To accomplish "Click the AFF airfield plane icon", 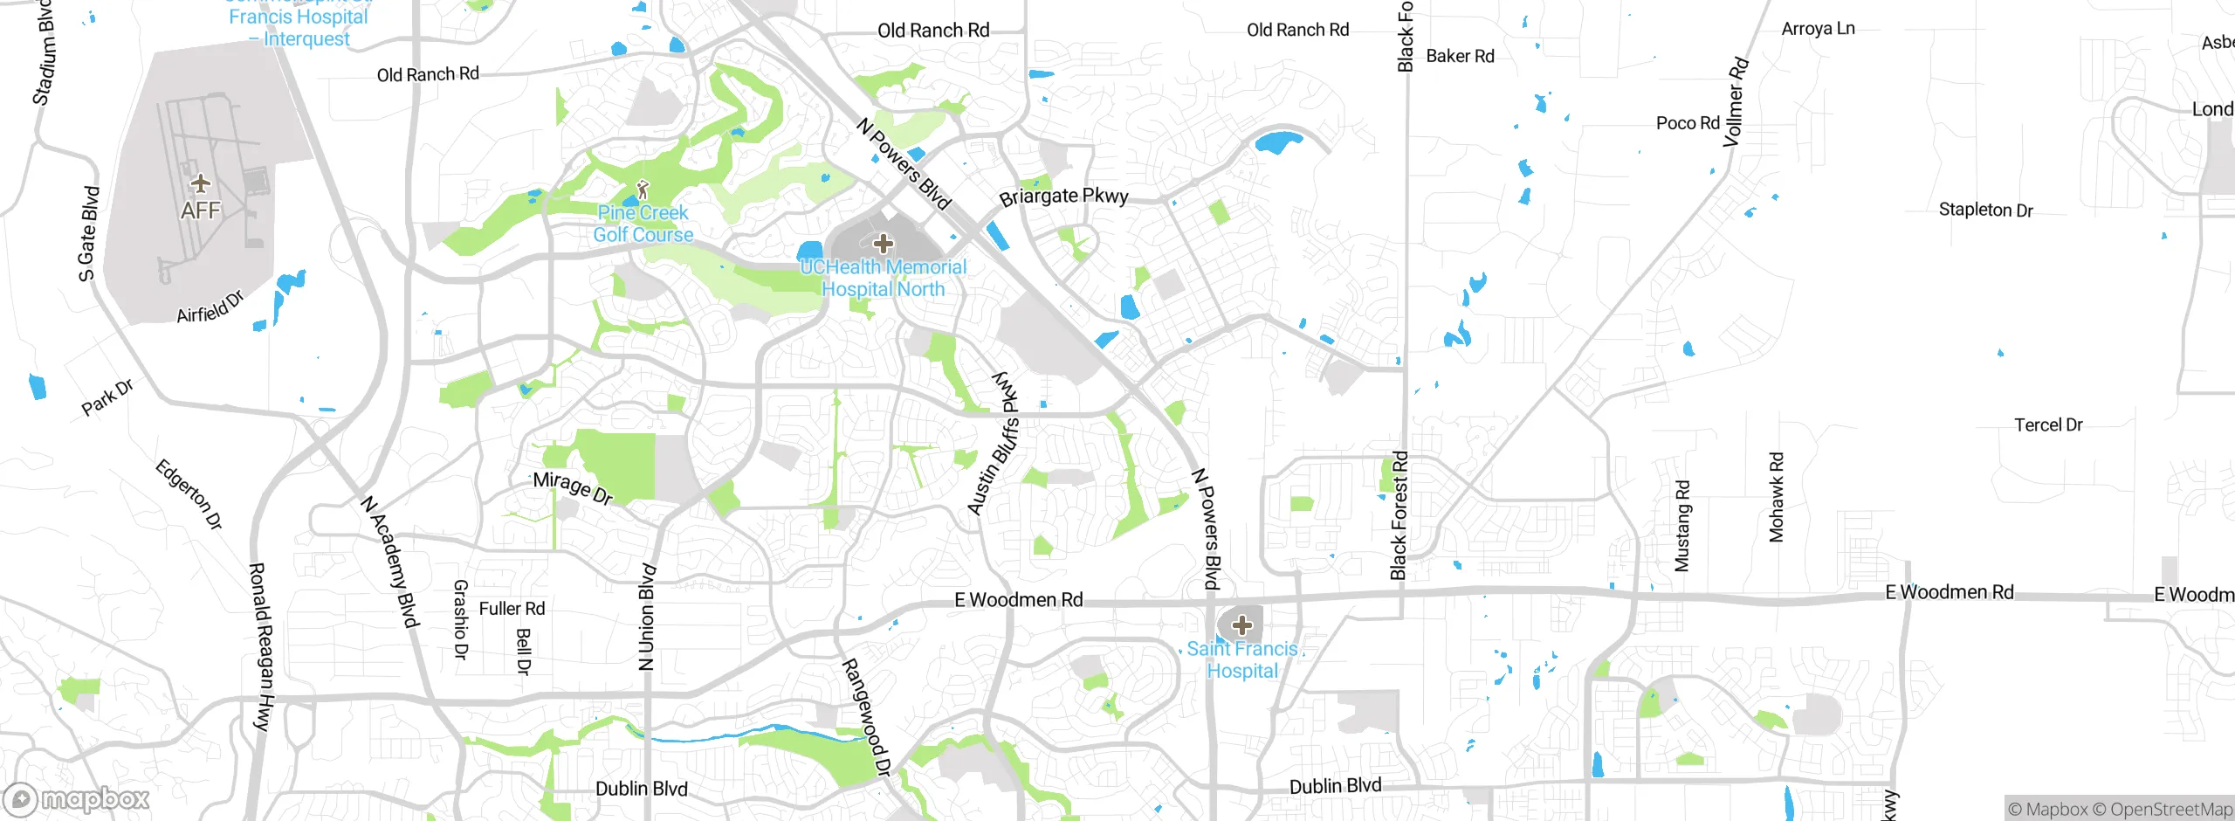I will click(x=201, y=183).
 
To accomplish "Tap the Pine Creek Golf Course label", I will click(x=643, y=224).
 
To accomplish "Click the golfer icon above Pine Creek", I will click(x=643, y=189).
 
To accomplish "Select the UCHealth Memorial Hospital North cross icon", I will click(x=883, y=243).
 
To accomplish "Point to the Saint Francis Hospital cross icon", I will click(x=1242, y=625).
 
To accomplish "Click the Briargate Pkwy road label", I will click(x=1063, y=197).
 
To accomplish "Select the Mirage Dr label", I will click(x=573, y=487).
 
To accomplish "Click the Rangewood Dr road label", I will click(x=866, y=717).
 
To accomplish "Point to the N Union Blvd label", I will click(x=647, y=617).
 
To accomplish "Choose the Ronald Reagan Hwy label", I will click(x=261, y=646).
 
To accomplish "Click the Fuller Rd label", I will click(x=512, y=609).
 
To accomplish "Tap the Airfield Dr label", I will click(x=210, y=307).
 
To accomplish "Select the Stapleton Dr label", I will click(x=1985, y=210).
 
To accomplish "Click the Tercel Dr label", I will click(x=2048, y=425).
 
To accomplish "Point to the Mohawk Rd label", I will click(x=1777, y=497).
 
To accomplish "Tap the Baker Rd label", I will click(x=1460, y=57).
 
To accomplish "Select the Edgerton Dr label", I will click(x=189, y=494).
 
